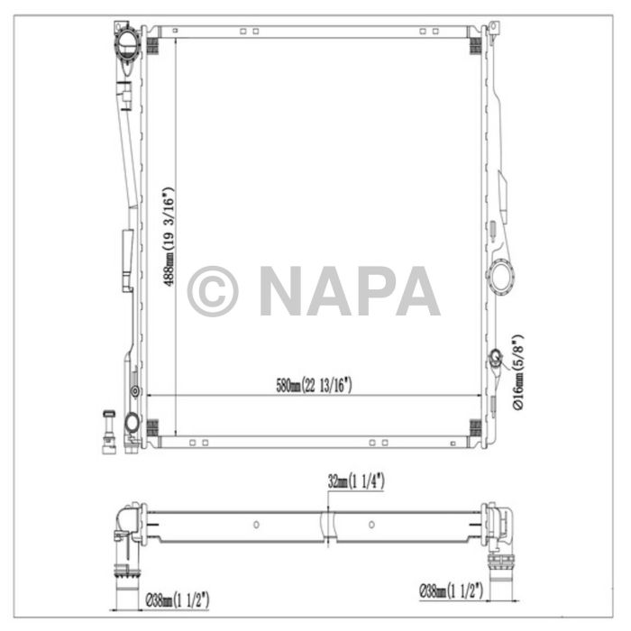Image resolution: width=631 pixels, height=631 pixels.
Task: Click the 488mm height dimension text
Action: [167, 236]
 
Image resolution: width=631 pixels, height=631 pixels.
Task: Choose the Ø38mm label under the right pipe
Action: [451, 591]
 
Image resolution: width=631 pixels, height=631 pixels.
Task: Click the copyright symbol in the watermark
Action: [213, 290]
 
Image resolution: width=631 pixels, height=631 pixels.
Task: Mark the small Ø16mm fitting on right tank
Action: [495, 361]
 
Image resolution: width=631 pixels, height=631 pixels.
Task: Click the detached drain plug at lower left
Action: [106, 429]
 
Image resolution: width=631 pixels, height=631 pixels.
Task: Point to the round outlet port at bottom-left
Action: [132, 422]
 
